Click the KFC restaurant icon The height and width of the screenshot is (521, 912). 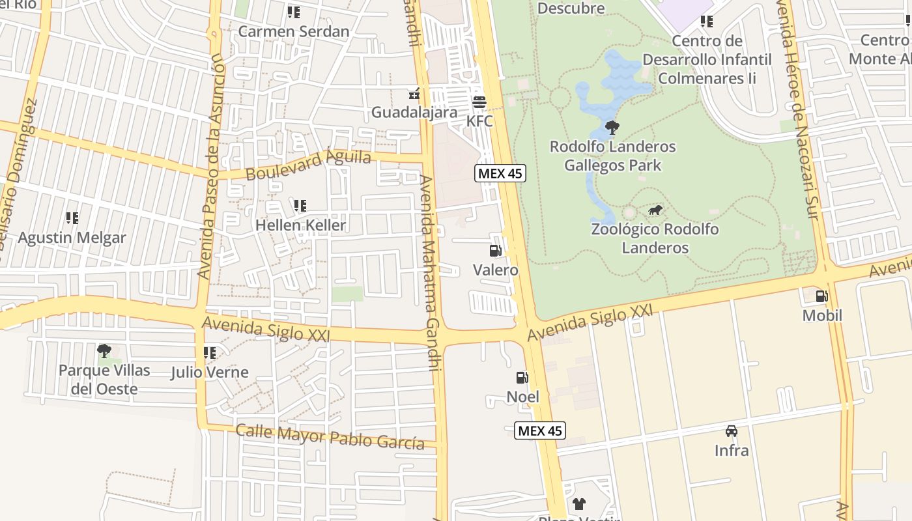point(479,102)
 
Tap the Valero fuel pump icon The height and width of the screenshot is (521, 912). point(495,251)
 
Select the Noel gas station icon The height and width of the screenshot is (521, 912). point(522,378)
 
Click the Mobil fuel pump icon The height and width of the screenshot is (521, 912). point(822,296)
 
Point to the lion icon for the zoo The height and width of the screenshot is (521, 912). point(655,210)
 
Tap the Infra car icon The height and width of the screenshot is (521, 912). point(732,431)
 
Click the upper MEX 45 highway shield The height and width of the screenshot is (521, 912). point(500,173)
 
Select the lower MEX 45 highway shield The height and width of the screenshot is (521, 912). point(540,430)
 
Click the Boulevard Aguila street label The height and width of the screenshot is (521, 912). point(309,165)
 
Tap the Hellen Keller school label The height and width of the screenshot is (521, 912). point(300,225)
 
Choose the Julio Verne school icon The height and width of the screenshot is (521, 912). point(210,353)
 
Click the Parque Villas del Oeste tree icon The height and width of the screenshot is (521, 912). point(104,352)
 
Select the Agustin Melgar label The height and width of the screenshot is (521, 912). point(72,238)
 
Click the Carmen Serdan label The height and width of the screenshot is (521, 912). point(294,31)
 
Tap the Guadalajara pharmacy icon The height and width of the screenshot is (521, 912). point(413,95)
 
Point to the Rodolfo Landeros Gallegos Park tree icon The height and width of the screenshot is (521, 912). point(612,128)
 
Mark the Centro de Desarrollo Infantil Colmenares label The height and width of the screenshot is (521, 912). point(707,59)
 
